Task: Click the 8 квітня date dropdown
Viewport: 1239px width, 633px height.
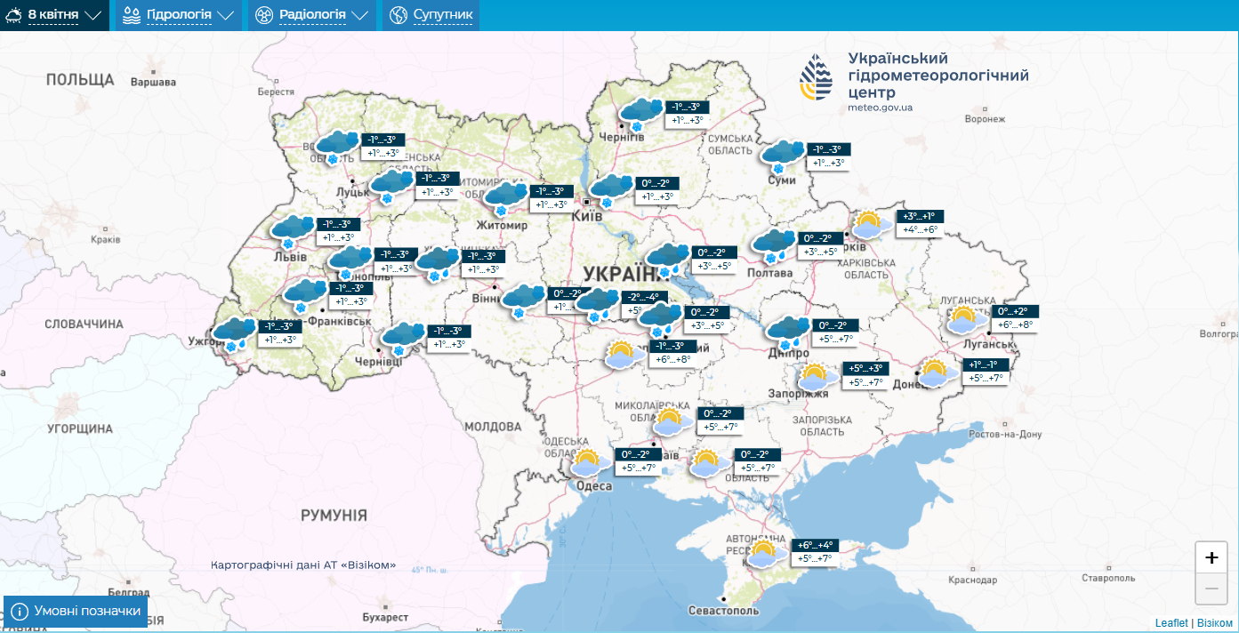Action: (x=54, y=15)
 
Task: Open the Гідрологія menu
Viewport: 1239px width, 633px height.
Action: (x=180, y=15)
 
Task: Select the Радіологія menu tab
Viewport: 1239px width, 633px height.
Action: (x=311, y=15)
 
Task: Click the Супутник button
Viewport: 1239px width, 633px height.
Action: (x=431, y=15)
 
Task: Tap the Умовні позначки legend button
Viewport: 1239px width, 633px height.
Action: (x=76, y=611)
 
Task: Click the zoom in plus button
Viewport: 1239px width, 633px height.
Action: (x=1211, y=557)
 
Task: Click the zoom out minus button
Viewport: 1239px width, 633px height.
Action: (x=1211, y=588)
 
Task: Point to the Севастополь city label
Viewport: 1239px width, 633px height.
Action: (x=724, y=611)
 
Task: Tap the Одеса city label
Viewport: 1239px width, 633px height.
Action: (x=593, y=485)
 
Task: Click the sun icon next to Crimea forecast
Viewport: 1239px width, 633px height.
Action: (x=762, y=554)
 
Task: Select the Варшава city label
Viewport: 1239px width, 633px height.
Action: (x=153, y=83)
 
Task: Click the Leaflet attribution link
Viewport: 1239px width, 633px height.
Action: (x=1171, y=623)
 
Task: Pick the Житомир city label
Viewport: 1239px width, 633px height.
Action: (x=502, y=225)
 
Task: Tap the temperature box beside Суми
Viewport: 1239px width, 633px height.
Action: (x=827, y=156)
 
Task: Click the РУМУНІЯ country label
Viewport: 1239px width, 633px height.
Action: (x=334, y=515)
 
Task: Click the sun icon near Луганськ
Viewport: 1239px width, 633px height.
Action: (x=967, y=319)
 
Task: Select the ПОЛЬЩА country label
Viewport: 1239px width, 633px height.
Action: (x=80, y=80)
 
